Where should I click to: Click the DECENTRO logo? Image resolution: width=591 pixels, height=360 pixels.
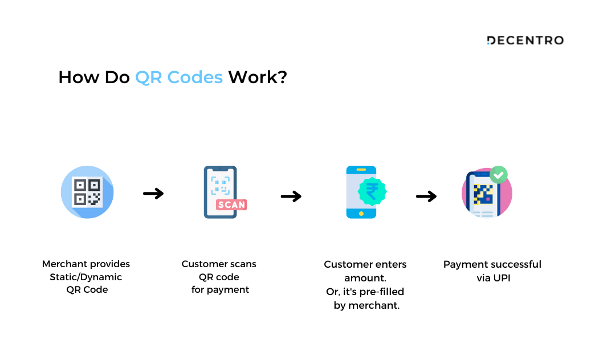(x=525, y=40)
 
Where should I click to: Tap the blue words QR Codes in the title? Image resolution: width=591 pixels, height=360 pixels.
(x=179, y=77)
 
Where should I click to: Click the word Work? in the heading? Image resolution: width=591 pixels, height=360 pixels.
(x=258, y=77)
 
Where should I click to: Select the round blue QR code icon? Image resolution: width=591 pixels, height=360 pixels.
(x=87, y=192)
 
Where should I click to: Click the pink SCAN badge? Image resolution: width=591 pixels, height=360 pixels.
(x=231, y=204)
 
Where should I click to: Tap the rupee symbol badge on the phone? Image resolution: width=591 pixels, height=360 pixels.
(x=372, y=191)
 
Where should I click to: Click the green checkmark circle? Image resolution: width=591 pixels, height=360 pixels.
(x=499, y=175)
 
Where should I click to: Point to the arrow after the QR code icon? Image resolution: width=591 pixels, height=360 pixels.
(x=153, y=194)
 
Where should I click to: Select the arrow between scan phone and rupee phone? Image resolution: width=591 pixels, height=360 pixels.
(x=291, y=196)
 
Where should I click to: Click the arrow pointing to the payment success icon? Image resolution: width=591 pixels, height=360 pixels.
(x=426, y=196)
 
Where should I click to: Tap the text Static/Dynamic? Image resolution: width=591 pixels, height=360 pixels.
(x=86, y=277)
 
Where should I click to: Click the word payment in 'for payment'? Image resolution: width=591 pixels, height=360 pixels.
(x=228, y=290)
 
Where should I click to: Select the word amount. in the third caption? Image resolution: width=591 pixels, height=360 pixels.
(x=365, y=278)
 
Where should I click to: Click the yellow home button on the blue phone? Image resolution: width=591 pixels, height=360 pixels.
(x=361, y=214)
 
